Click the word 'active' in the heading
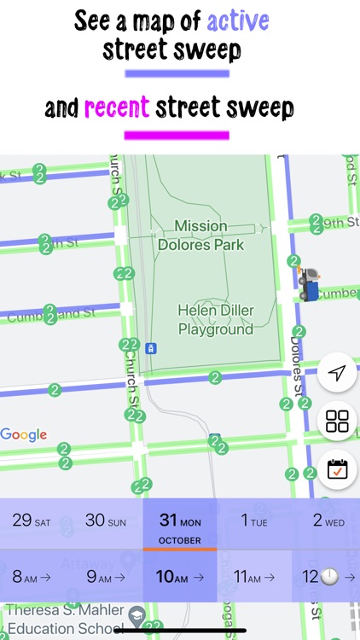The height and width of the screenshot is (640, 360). (x=237, y=21)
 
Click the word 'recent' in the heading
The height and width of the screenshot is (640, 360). (x=117, y=108)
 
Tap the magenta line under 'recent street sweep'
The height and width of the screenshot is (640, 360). (x=177, y=135)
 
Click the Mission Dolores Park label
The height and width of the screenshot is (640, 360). (x=200, y=236)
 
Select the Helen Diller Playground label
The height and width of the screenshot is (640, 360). (x=215, y=319)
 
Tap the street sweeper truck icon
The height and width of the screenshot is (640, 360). (x=308, y=283)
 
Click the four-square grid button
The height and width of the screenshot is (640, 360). (x=337, y=421)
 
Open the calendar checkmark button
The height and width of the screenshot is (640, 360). (x=337, y=468)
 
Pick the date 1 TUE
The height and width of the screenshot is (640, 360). (x=255, y=521)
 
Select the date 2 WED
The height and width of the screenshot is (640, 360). (x=328, y=521)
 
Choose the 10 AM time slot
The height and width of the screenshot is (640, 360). (x=179, y=577)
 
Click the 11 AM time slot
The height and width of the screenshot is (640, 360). (x=254, y=577)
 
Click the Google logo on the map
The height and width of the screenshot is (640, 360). (x=24, y=435)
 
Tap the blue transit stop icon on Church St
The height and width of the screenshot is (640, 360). (x=151, y=348)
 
